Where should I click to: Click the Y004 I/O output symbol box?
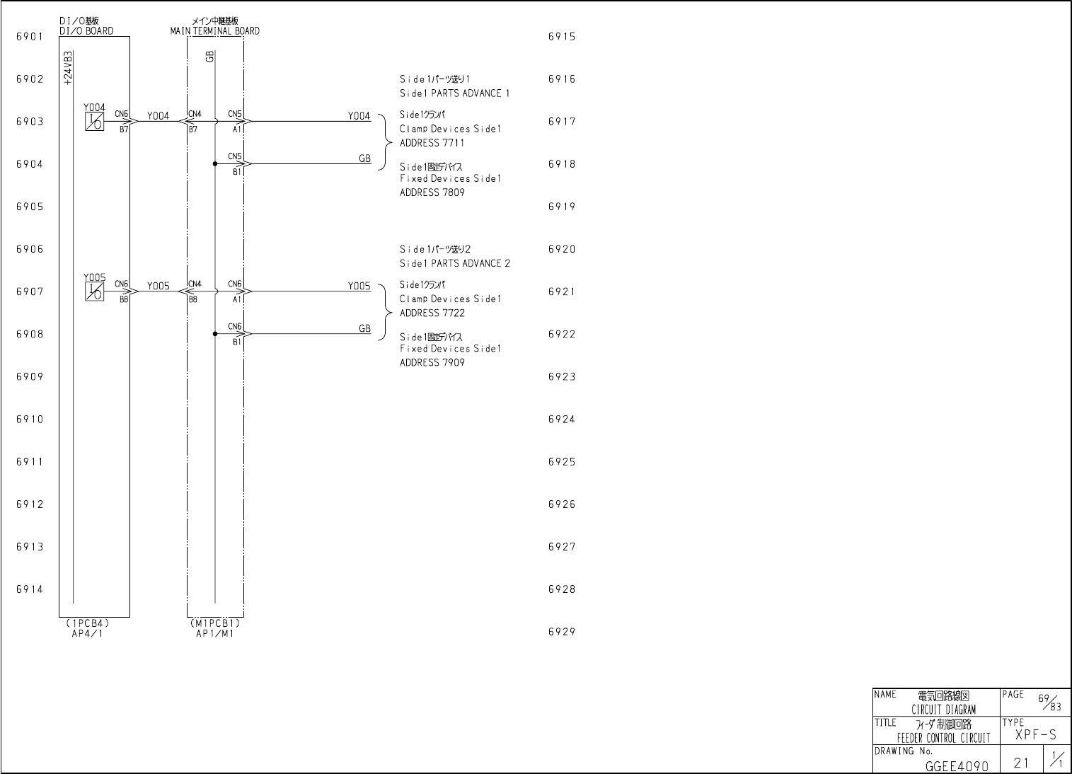pyautogui.click(x=94, y=122)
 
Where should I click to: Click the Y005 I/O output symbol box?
pyautogui.click(x=94, y=291)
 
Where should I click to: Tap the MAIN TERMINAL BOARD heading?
pyautogui.click(x=214, y=31)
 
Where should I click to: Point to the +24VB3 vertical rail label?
pyautogui.click(x=67, y=68)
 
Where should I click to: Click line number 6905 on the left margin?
pyautogui.click(x=30, y=207)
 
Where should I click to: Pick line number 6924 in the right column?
pyautogui.click(x=562, y=420)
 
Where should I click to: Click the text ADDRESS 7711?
pyautogui.click(x=432, y=143)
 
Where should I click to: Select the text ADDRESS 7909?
pyautogui.click(x=432, y=363)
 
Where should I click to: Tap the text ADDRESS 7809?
pyautogui.click(x=432, y=192)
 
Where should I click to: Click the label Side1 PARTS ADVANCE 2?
pyautogui.click(x=454, y=264)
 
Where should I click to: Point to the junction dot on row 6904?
pyautogui.click(x=215, y=164)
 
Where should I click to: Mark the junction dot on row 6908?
pyautogui.click(x=215, y=334)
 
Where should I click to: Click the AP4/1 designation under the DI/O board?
pyautogui.click(x=86, y=633)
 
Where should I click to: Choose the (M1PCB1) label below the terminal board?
pyautogui.click(x=214, y=624)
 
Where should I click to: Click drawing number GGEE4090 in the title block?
pyautogui.click(x=956, y=766)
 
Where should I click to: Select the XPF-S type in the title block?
pyautogui.click(x=1035, y=735)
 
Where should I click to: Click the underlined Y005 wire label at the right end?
pyautogui.click(x=359, y=286)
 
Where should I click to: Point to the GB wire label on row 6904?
pyautogui.click(x=364, y=158)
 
